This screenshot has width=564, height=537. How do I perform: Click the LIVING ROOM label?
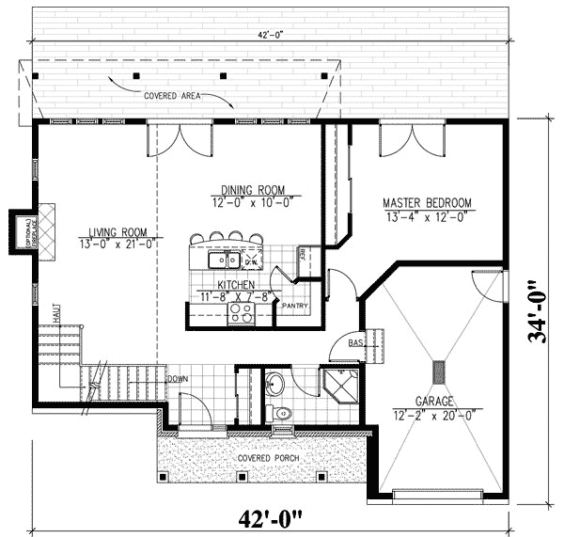[x=119, y=232]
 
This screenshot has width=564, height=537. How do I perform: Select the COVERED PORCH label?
[x=270, y=458]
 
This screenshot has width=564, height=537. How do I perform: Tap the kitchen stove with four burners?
[x=241, y=313]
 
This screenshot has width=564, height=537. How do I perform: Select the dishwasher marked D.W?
[x=252, y=260]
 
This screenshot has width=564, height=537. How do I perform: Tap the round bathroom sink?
[x=274, y=384]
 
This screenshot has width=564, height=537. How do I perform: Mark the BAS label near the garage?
[x=355, y=342]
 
